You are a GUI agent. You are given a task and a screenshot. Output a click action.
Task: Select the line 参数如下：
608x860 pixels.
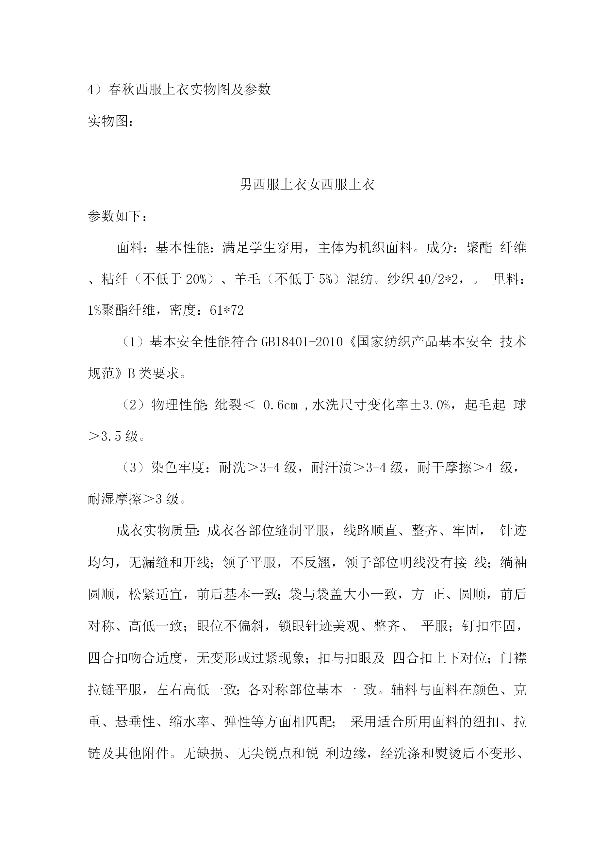pos(117,216)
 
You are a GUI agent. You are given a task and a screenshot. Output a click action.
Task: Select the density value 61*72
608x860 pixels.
pos(227,310)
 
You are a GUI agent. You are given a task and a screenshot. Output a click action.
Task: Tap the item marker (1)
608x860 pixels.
pos(134,341)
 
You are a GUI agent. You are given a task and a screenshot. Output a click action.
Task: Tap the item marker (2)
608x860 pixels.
pos(134,405)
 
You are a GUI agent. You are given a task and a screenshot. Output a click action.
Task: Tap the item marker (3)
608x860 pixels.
pos(134,468)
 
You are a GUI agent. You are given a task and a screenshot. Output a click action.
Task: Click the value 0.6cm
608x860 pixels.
pos(280,405)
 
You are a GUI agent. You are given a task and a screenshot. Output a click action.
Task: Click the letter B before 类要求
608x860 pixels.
pos(131,373)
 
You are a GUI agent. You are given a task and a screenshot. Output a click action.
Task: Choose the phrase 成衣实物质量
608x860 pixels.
pos(156,530)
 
